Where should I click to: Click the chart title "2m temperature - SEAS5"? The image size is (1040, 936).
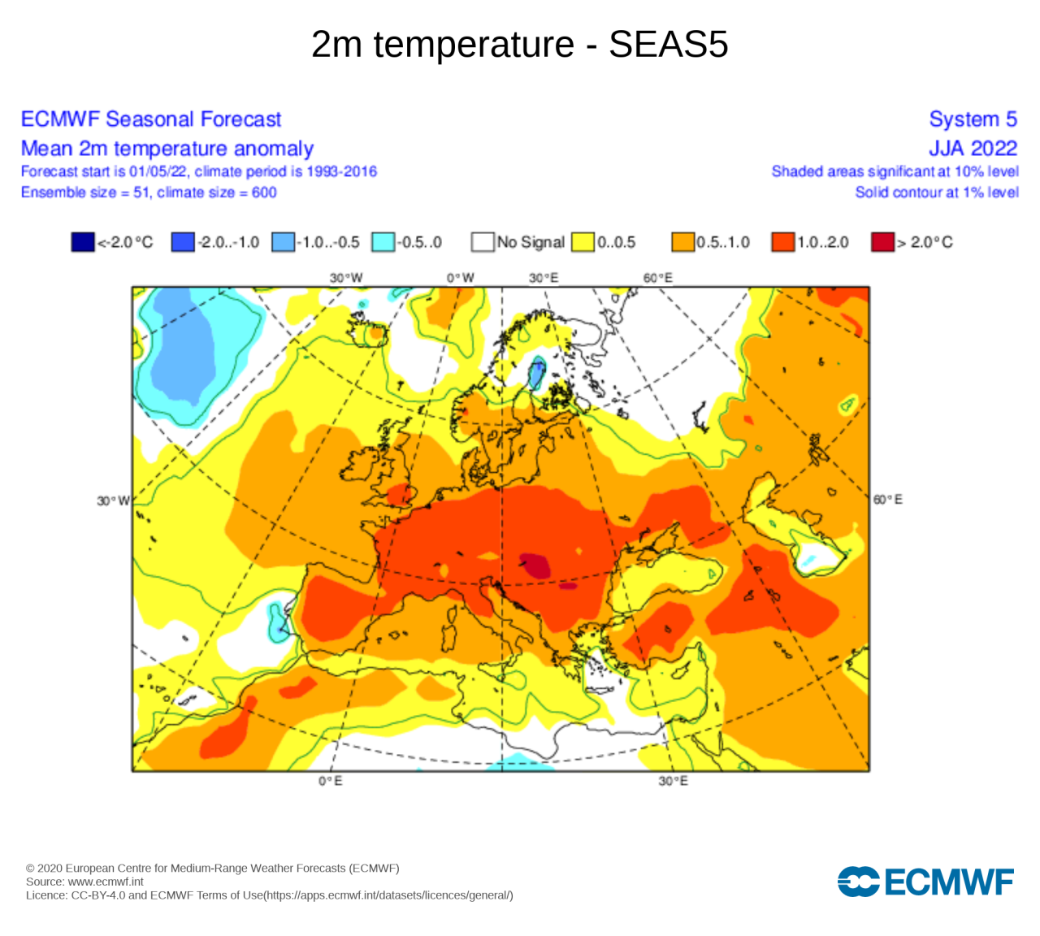click(x=519, y=45)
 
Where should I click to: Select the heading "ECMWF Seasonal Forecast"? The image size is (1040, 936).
click(x=150, y=119)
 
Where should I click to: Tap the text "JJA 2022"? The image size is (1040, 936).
click(x=973, y=149)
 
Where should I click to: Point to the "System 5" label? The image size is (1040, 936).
click(x=973, y=119)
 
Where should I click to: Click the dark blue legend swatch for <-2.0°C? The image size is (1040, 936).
click(x=83, y=242)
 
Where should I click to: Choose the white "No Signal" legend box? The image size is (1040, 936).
click(x=483, y=242)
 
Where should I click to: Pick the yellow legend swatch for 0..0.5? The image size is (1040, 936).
click(x=583, y=242)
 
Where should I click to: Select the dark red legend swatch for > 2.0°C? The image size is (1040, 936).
click(x=882, y=242)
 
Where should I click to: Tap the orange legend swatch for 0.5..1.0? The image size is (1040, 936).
click(x=682, y=242)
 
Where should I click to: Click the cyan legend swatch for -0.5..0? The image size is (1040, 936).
click(x=383, y=242)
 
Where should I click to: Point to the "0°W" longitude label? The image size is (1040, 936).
click(x=460, y=278)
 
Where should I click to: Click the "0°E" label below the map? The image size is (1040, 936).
click(x=330, y=781)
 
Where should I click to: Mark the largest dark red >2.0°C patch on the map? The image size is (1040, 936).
click(x=535, y=565)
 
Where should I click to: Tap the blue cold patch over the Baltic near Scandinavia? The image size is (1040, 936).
click(x=536, y=375)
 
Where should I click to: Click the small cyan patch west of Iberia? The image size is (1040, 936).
click(x=278, y=622)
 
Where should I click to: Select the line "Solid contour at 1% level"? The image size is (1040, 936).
click(x=936, y=193)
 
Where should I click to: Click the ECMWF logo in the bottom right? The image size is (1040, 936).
click(x=925, y=882)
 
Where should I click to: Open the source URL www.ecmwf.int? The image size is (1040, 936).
click(x=106, y=882)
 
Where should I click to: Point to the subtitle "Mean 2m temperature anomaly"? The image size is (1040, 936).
click(x=167, y=149)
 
